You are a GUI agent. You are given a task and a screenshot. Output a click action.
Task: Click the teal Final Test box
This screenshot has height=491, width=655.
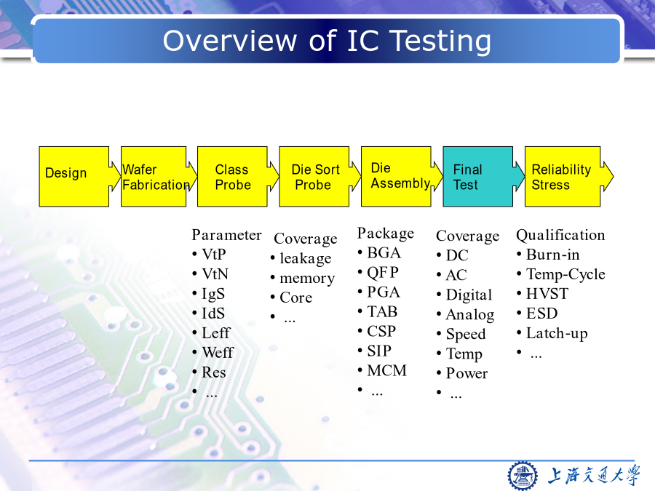[478, 177]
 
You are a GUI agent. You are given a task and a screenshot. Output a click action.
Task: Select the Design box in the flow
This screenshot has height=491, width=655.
[74, 177]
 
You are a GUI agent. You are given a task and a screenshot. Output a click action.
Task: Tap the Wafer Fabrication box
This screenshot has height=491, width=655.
[154, 177]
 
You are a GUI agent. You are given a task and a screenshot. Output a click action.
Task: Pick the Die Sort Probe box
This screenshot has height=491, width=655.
[314, 177]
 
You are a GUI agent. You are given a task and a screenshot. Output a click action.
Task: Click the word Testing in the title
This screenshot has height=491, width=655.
[440, 41]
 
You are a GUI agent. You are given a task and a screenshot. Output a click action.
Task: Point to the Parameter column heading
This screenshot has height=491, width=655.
[226, 235]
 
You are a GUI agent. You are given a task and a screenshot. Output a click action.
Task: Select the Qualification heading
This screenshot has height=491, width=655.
[560, 236]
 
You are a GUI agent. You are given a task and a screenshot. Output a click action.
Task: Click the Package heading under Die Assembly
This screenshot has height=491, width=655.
[386, 233]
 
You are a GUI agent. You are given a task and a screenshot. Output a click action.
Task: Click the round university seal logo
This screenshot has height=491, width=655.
[522, 476]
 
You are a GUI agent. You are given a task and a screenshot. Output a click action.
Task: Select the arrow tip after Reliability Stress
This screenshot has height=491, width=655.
[614, 177]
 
